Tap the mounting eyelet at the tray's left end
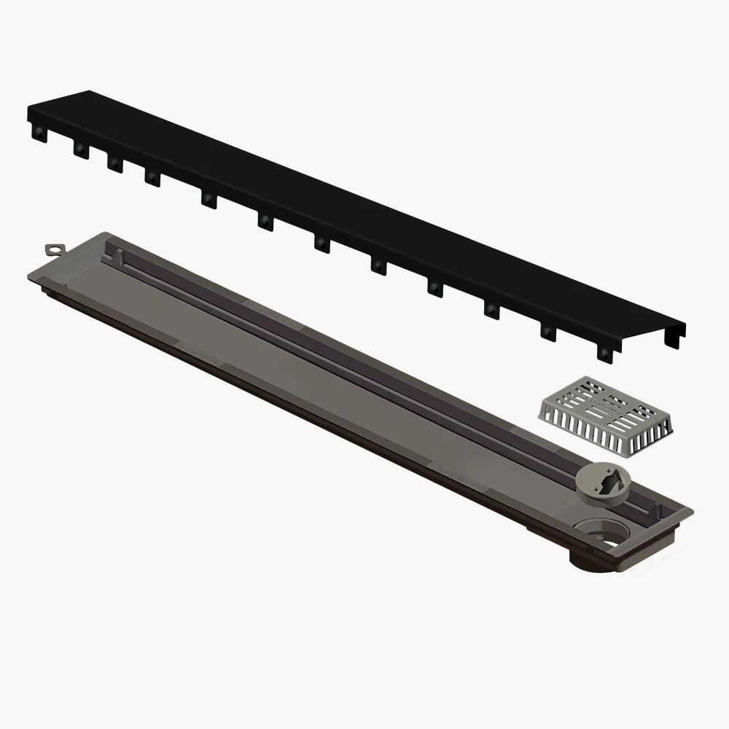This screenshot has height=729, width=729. [x=55, y=250]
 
